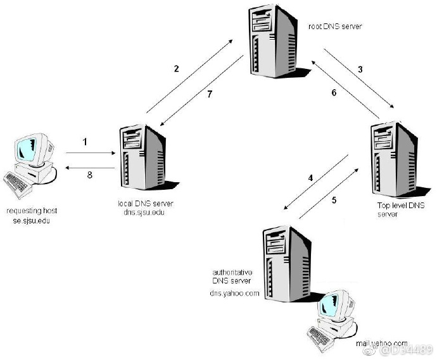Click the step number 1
point(84,142)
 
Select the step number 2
point(177,68)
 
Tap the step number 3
point(360,68)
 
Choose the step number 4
point(310,178)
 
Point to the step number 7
point(210,94)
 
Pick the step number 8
point(89,175)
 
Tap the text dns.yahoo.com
point(235,293)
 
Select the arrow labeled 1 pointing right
point(89,152)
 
